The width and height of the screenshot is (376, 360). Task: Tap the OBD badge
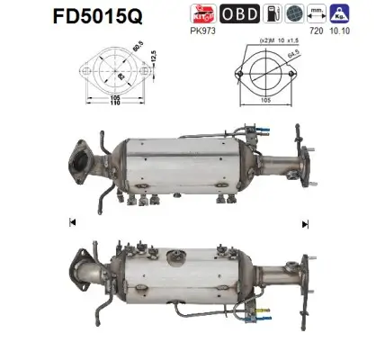click(x=238, y=13)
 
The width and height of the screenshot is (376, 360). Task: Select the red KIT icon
click(x=203, y=13)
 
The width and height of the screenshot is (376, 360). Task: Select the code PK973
click(x=204, y=30)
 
